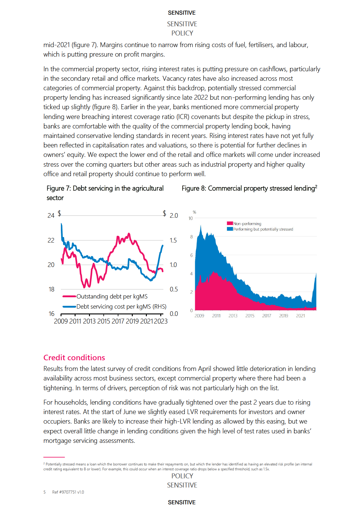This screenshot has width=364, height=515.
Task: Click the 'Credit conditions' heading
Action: [74, 358]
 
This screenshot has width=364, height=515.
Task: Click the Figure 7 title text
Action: [105, 193]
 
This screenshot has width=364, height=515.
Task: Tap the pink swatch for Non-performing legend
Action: [230, 224]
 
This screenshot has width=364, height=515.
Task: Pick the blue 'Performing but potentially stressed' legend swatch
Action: [230, 229]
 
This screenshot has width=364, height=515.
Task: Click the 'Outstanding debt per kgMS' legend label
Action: [112, 296]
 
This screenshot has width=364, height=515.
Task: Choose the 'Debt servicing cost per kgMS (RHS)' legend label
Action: [121, 306]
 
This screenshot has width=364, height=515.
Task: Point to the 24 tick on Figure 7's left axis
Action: [51, 216]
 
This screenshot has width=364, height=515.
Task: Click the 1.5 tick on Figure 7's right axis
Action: [173, 240]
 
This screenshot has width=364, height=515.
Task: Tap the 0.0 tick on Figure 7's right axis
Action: [174, 314]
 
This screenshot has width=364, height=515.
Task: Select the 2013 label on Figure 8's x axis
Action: [233, 316]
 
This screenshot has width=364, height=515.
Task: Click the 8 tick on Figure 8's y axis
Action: [191, 237]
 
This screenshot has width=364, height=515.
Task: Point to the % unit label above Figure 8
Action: [194, 212]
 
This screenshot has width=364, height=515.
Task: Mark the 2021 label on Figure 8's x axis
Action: [300, 316]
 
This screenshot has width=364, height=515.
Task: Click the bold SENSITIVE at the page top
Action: [182, 13]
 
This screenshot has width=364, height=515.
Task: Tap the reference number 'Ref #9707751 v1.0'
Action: [68, 492]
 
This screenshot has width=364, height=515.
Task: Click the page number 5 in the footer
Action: [45, 492]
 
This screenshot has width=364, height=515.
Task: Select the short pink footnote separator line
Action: [54, 457]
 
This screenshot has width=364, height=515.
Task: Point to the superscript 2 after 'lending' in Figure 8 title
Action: [316, 186]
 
